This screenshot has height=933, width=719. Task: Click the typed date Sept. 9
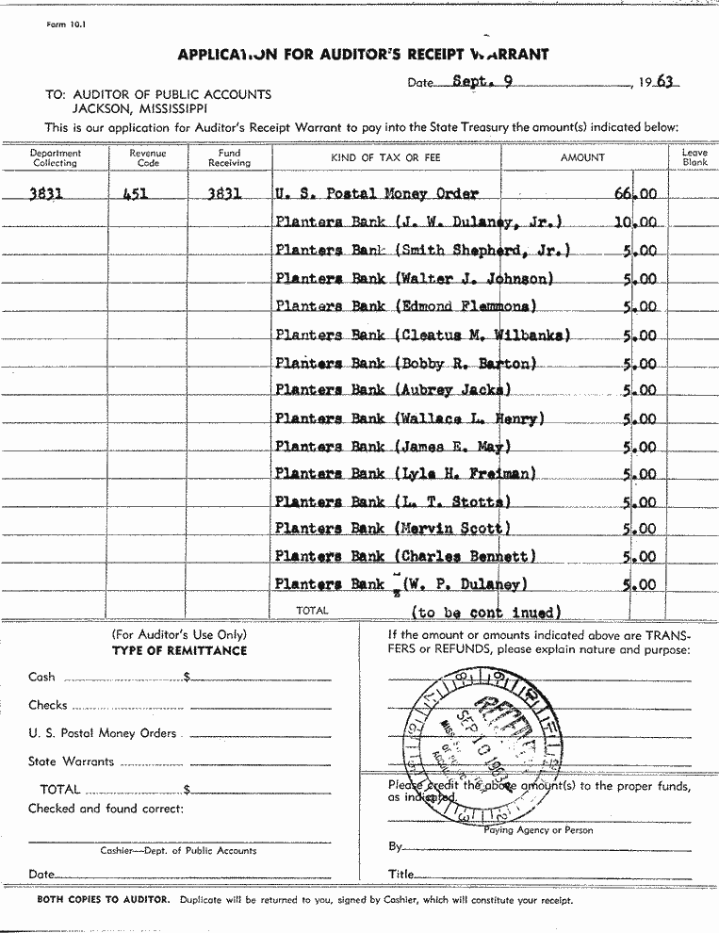(482, 81)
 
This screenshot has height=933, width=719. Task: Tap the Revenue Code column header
(147, 157)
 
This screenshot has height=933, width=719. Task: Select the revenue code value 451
(138, 194)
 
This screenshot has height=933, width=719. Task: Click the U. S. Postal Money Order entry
(377, 194)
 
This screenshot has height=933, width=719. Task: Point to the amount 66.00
(636, 194)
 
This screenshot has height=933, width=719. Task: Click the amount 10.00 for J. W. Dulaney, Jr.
(636, 223)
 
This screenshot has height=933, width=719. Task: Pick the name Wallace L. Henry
(470, 418)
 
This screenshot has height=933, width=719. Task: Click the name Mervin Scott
(453, 530)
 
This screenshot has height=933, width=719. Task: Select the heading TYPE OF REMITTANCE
(179, 650)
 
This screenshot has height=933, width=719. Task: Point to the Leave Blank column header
(694, 157)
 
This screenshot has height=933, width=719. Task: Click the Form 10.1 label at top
(65, 25)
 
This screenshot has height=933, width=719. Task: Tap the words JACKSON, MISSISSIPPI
(140, 107)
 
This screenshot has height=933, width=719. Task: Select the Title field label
(400, 875)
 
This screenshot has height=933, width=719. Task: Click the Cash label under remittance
(42, 677)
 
